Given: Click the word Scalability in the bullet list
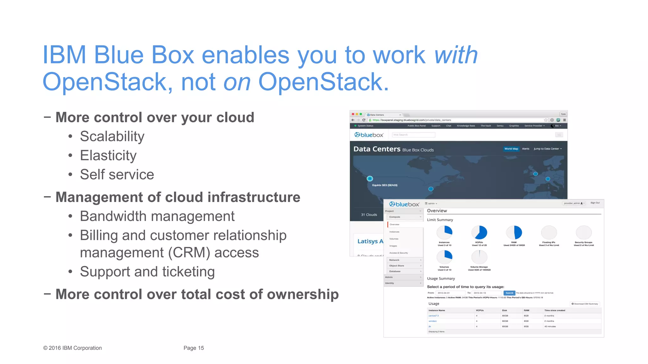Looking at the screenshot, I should (x=112, y=136).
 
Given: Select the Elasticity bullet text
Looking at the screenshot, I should (x=108, y=155).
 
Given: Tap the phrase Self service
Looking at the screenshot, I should (x=117, y=174).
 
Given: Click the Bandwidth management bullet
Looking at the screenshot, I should (x=157, y=216).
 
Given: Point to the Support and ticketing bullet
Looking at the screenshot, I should (x=147, y=272).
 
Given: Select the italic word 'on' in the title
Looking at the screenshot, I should (x=237, y=82).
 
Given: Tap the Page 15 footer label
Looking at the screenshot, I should (x=194, y=348).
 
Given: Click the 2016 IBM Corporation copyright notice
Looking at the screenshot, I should (x=72, y=348).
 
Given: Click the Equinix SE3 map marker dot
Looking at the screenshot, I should (x=370, y=179).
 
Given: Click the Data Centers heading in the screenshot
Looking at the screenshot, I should (x=377, y=149).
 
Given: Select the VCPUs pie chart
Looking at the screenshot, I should (x=479, y=233).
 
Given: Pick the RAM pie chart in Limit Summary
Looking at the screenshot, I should (x=514, y=233).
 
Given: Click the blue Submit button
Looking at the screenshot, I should (x=509, y=293).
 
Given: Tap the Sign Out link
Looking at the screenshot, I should (x=595, y=203).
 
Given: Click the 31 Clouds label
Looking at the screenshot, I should (x=369, y=215).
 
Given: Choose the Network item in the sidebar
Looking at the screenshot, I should (x=394, y=260).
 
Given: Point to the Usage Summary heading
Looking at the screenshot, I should (x=441, y=278).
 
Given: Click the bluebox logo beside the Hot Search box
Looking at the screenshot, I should (x=369, y=135).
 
